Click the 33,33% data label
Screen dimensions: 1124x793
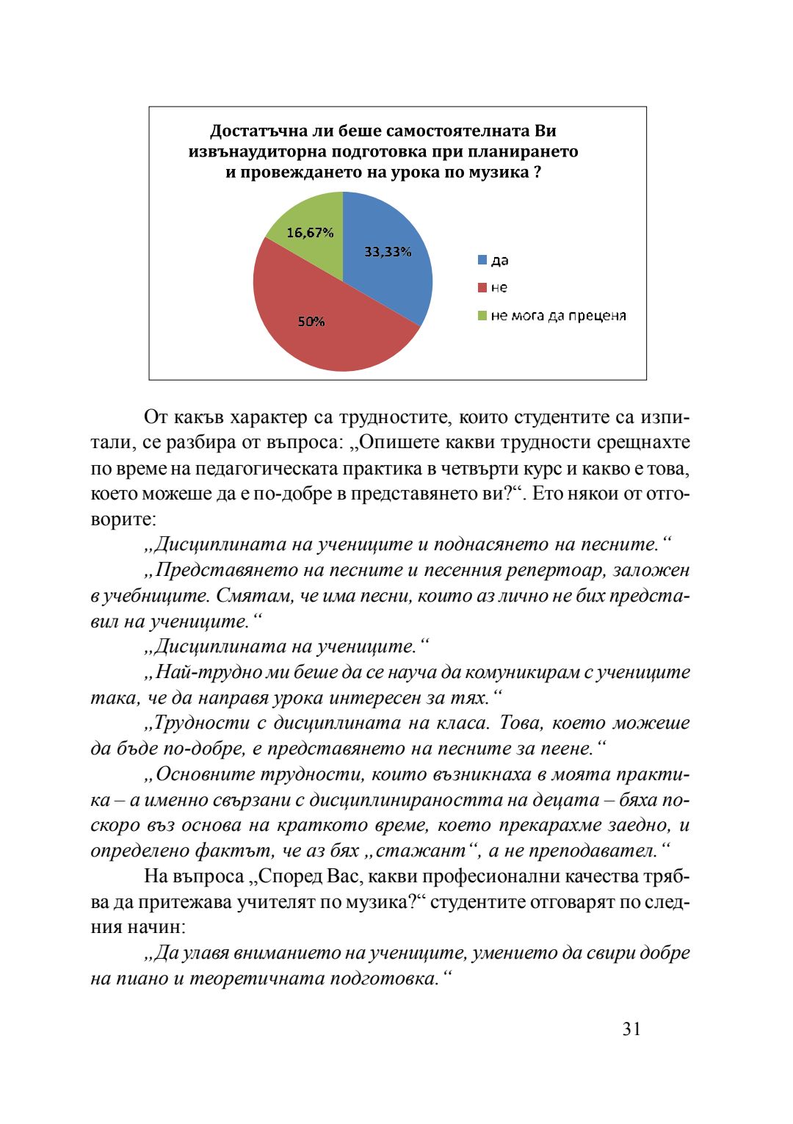tap(388, 252)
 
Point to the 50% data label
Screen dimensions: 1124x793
tap(311, 322)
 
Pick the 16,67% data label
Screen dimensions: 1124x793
tap(310, 233)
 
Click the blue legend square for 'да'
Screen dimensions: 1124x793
tap(482, 260)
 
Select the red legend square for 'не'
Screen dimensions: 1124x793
tap(482, 287)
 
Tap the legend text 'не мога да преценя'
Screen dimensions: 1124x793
tap(558, 316)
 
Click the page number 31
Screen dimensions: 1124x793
tap(631, 1029)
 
